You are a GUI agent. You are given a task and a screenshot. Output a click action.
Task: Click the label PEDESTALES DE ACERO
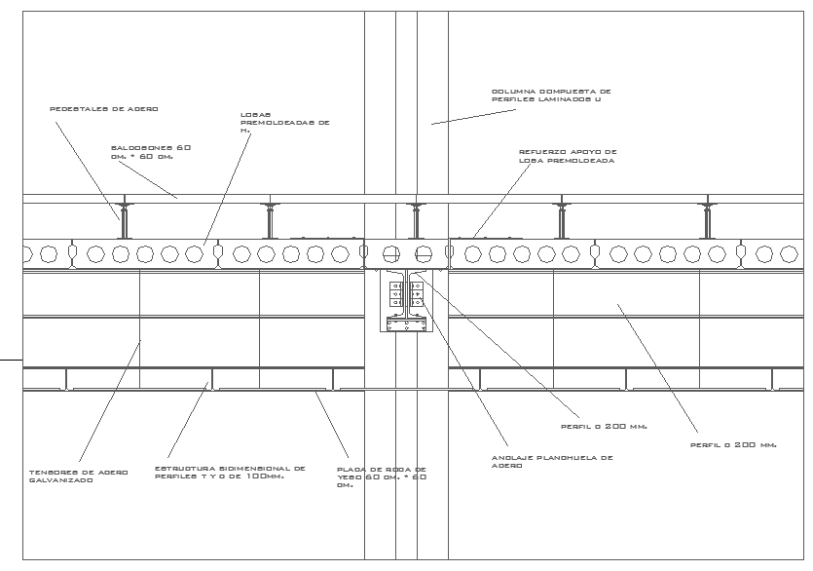point(103,108)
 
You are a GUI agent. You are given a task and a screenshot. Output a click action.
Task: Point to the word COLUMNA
point(510,91)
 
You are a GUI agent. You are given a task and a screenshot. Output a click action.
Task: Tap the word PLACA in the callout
point(350,469)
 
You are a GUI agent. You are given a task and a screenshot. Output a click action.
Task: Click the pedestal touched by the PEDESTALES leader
point(124,220)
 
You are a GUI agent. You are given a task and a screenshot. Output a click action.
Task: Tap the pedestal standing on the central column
point(416,220)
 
